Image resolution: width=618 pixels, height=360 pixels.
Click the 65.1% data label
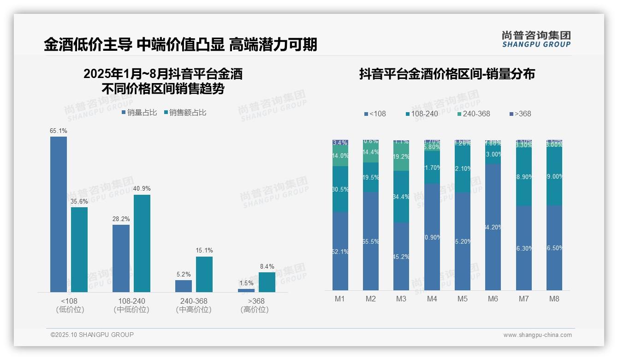coord(58,131)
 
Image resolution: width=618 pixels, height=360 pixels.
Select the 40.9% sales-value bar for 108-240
coord(142,243)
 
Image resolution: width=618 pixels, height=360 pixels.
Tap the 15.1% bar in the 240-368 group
coord(204,274)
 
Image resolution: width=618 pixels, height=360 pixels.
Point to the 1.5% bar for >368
coord(246,290)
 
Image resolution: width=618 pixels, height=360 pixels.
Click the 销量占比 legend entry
coord(139,113)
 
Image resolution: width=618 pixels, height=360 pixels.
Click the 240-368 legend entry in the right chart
coord(474,114)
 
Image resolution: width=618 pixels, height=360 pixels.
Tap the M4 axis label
coord(432,299)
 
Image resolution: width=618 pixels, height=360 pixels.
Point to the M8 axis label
coord(554,299)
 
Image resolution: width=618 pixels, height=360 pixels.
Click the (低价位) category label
coord(70,310)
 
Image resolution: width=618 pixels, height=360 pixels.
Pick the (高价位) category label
coord(255,310)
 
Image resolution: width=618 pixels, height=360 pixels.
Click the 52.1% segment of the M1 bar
coord(340,251)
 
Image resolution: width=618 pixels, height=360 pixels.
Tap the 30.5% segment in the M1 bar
coord(340,189)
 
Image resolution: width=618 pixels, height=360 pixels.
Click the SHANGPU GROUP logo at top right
coord(536,39)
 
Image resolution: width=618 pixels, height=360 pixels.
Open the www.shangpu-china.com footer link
coord(537,335)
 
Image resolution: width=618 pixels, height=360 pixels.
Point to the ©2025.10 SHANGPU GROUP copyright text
coord(92,335)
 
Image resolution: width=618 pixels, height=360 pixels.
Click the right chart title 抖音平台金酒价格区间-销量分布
coord(447,74)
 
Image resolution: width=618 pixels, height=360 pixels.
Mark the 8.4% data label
coord(267,266)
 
